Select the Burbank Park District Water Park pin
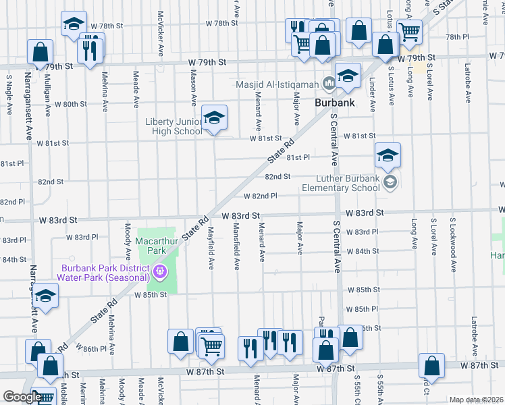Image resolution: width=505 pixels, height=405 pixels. (x=160, y=273)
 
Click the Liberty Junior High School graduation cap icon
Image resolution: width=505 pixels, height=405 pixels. (x=214, y=119)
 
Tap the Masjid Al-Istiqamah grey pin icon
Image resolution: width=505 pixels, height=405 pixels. (x=329, y=84)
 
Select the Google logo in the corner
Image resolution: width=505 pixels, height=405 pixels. (x=22, y=397)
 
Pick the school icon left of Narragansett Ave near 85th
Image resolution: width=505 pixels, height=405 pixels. (x=45, y=297)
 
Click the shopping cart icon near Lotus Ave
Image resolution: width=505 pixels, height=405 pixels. (x=408, y=30)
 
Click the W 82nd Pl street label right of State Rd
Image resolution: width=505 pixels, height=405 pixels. (x=261, y=196)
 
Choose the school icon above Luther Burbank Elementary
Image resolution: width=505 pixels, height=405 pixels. (x=388, y=156)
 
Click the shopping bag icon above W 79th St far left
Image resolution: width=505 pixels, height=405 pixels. (x=41, y=51)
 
